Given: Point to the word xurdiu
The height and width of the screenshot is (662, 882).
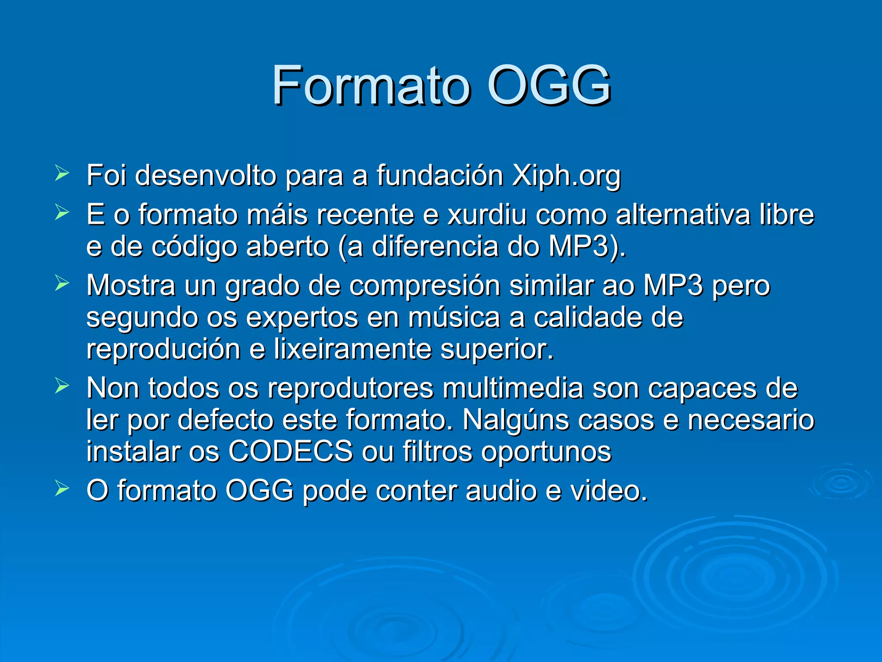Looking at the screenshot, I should point(487,215).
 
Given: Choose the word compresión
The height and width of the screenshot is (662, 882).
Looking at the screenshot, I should point(424,286).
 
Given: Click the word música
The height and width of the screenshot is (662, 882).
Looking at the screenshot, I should point(454,318).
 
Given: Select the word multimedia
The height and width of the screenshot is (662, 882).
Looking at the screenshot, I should point(512,388).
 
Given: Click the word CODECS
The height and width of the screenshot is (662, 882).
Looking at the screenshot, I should point(290,452).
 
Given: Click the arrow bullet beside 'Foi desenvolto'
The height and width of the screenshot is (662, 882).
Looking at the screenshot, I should point(62,174).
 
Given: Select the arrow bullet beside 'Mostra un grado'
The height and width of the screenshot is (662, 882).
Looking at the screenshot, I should point(62,284).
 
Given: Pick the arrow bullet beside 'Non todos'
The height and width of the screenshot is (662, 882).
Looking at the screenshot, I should point(62,386).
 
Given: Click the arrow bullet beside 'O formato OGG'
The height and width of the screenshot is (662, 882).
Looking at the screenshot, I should point(62,489).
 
